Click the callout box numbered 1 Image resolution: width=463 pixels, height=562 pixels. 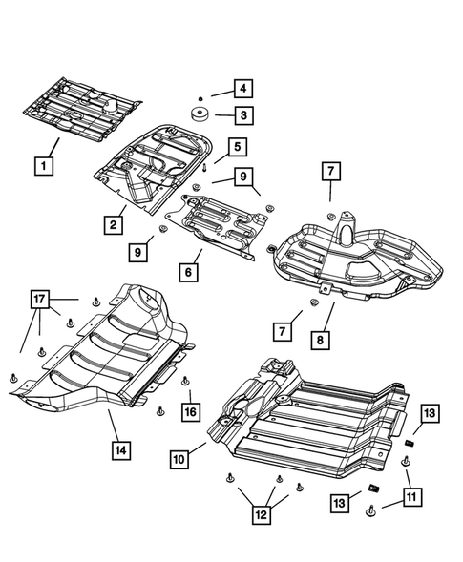[43, 164]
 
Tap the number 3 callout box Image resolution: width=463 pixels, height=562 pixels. [244, 116]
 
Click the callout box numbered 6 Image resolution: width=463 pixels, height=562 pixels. [191, 273]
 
